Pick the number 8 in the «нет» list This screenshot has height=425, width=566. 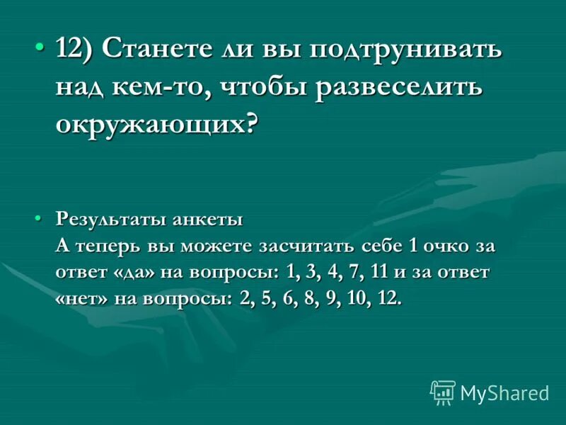[x=306, y=298]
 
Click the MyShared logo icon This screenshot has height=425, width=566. [x=442, y=392]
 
